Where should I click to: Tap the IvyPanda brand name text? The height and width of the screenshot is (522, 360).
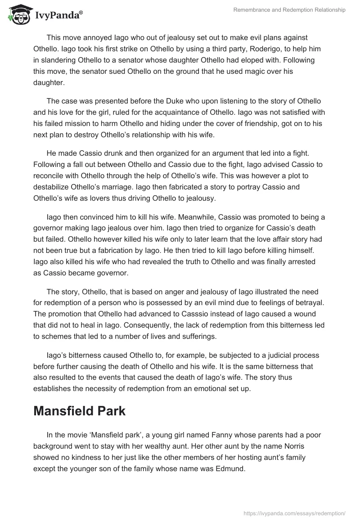[x=58, y=16]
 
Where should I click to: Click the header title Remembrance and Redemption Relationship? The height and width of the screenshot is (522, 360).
[x=290, y=10]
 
